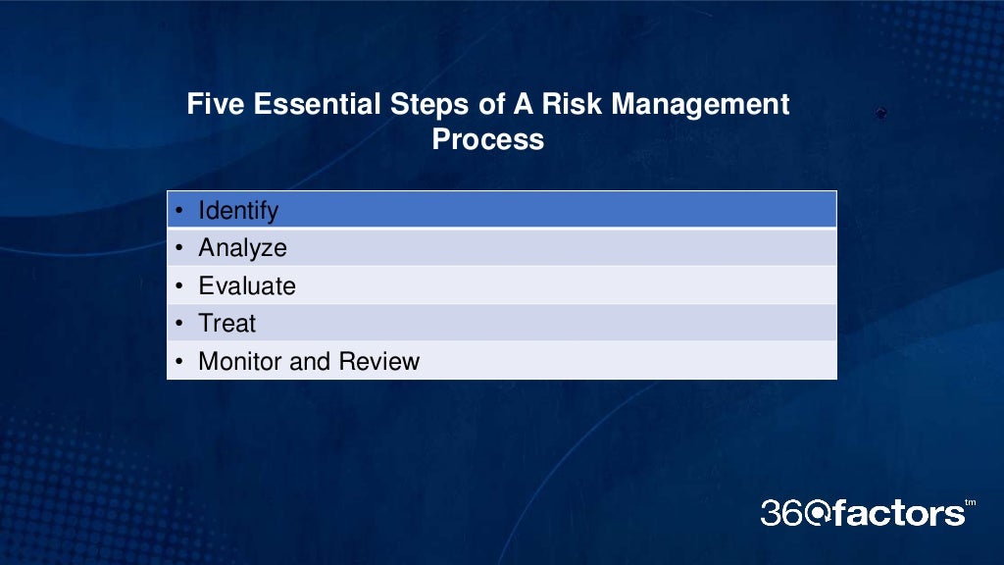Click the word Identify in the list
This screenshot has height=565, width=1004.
pos(238,211)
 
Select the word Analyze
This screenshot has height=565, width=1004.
pos(242,248)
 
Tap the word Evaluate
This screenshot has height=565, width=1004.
pos(246,285)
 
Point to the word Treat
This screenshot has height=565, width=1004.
pos(226,323)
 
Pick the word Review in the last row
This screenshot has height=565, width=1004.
pos(378,361)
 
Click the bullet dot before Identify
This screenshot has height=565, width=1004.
pos(180,211)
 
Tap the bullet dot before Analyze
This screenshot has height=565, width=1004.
pos(180,248)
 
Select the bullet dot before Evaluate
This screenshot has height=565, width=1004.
pos(180,286)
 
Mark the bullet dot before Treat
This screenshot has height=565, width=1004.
pos(180,324)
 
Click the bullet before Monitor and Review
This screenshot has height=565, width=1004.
pos(180,362)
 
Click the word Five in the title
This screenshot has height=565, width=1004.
pos(216,104)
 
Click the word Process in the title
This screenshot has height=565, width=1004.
pos(487,138)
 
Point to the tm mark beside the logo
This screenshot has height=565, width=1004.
pos(971,503)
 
